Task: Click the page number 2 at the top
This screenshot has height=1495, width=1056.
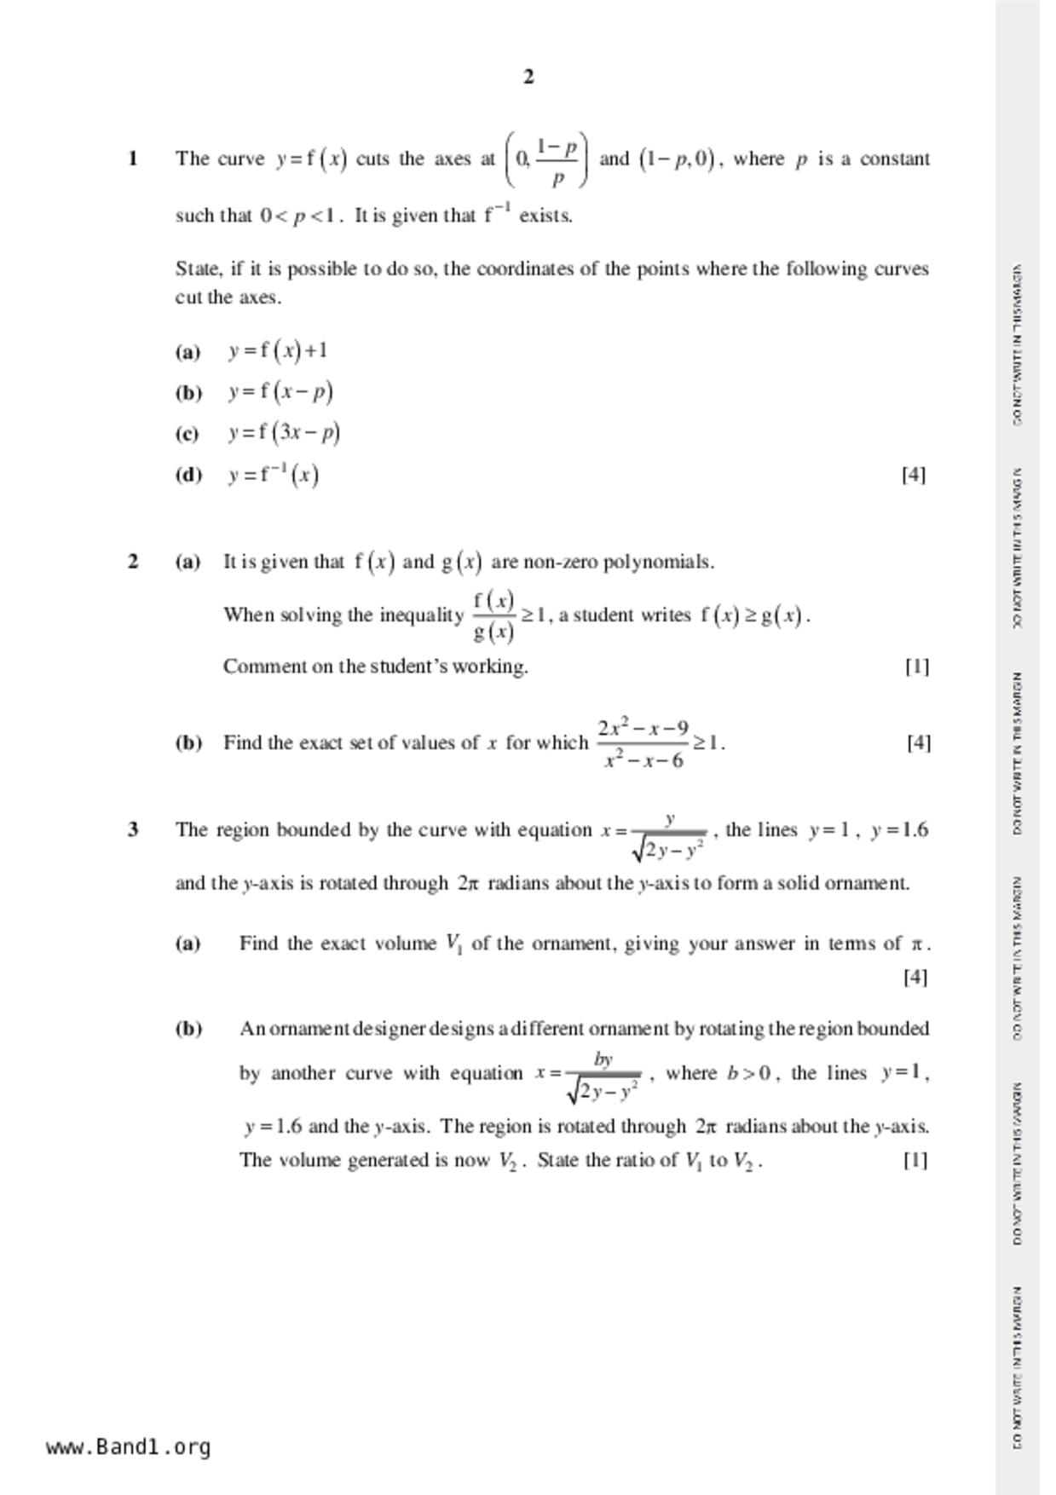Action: [x=528, y=77]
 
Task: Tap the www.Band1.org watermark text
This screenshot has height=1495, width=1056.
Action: [x=128, y=1446]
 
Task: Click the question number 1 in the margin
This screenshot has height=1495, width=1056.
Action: [x=133, y=159]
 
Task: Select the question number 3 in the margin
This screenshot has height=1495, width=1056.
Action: [x=133, y=829]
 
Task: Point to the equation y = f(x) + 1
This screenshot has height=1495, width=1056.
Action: [x=278, y=350]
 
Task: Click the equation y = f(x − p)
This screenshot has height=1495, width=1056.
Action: [x=280, y=391]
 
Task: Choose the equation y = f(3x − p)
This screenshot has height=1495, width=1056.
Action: [x=284, y=432]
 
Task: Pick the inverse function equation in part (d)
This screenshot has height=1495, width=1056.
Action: [x=274, y=474]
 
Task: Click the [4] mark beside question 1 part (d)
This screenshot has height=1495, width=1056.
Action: [x=914, y=474]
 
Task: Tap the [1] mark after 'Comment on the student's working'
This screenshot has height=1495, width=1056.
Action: [x=917, y=666]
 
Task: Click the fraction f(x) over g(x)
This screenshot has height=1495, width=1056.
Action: [x=493, y=615]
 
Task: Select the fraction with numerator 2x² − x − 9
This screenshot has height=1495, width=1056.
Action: [x=643, y=743]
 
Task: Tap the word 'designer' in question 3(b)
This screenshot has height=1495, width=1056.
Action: [x=386, y=1028]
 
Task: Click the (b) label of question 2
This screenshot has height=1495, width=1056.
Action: [x=189, y=742]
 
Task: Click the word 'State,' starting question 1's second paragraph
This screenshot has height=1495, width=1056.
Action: [x=199, y=268]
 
